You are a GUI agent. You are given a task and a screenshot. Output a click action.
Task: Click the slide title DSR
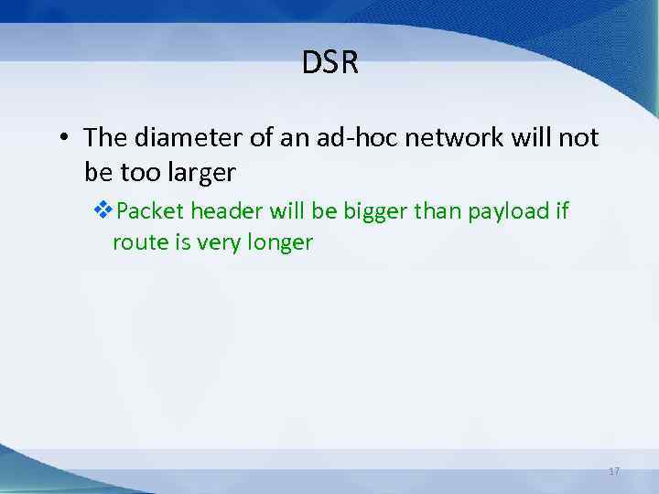(x=329, y=63)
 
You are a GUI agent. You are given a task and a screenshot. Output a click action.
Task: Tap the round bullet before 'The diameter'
(x=62, y=139)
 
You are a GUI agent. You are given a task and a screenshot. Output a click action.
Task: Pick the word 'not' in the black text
(x=578, y=138)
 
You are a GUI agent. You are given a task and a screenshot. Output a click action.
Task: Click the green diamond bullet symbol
(x=103, y=211)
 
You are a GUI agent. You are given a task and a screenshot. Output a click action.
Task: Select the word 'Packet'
(x=151, y=212)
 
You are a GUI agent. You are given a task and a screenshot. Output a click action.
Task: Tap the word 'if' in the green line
(x=560, y=211)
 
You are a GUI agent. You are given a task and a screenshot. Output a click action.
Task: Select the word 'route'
(x=136, y=242)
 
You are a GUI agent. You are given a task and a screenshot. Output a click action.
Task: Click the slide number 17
(x=613, y=471)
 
